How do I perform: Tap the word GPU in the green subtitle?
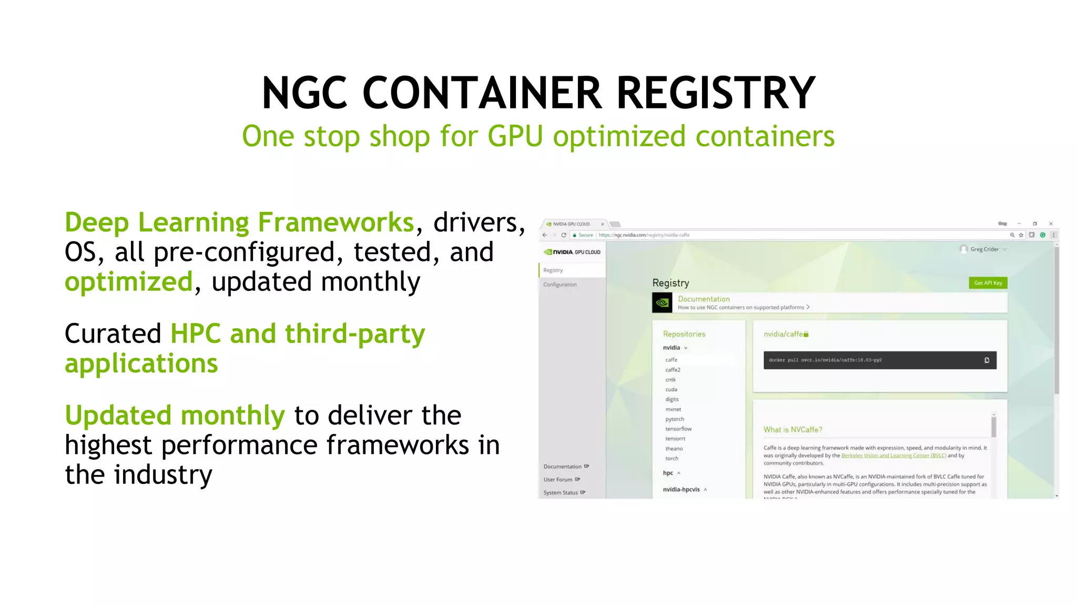(x=515, y=137)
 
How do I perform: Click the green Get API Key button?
(x=988, y=283)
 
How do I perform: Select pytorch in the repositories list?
(x=675, y=419)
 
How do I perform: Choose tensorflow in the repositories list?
(x=678, y=429)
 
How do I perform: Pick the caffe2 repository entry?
(x=673, y=370)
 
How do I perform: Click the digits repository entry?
(x=672, y=399)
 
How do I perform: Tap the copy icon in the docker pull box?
(x=987, y=360)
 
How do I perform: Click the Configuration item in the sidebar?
(x=560, y=285)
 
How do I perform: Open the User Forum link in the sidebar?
(x=558, y=480)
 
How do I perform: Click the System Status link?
(x=561, y=493)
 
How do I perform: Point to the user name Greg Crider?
(x=984, y=249)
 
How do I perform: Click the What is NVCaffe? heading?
(x=792, y=430)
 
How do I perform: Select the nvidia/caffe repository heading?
(x=783, y=334)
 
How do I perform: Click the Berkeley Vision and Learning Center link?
(x=893, y=456)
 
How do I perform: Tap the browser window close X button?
(x=1051, y=224)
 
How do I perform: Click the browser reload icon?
(x=564, y=235)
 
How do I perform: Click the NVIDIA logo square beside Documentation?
(x=662, y=302)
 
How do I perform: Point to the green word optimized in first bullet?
(x=129, y=282)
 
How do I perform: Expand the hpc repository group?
(x=668, y=473)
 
